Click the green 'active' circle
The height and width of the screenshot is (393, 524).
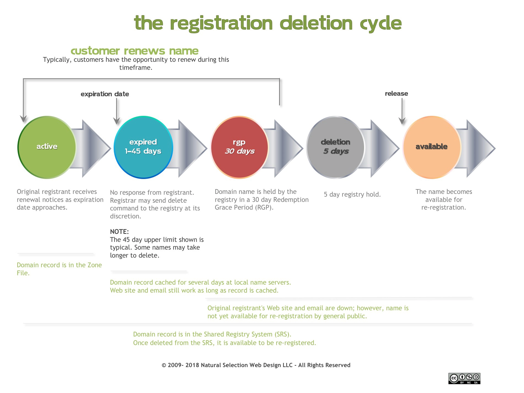coord(47,147)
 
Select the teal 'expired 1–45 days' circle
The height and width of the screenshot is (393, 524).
coord(143,147)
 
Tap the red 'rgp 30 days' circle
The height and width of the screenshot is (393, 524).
coord(239,147)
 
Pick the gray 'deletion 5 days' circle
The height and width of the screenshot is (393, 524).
coord(336,147)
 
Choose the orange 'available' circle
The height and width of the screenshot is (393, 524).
coord(432,147)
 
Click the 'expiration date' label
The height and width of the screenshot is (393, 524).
coord(105,94)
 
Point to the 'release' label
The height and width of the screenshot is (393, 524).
coord(396,93)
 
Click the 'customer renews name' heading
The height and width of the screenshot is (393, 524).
coord(135,51)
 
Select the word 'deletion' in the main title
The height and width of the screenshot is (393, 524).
coord(316,23)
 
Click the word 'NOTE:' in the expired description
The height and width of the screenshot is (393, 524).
coord(119,232)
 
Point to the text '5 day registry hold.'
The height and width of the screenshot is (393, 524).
coord(352,194)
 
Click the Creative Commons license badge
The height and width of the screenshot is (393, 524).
coord(464,378)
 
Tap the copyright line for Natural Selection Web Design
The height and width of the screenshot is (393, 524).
coord(256,365)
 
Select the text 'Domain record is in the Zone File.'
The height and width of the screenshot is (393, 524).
coord(59,269)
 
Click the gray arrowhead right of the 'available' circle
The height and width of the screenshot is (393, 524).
coord(481,148)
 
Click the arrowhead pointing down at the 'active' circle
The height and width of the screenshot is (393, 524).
coord(23,119)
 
